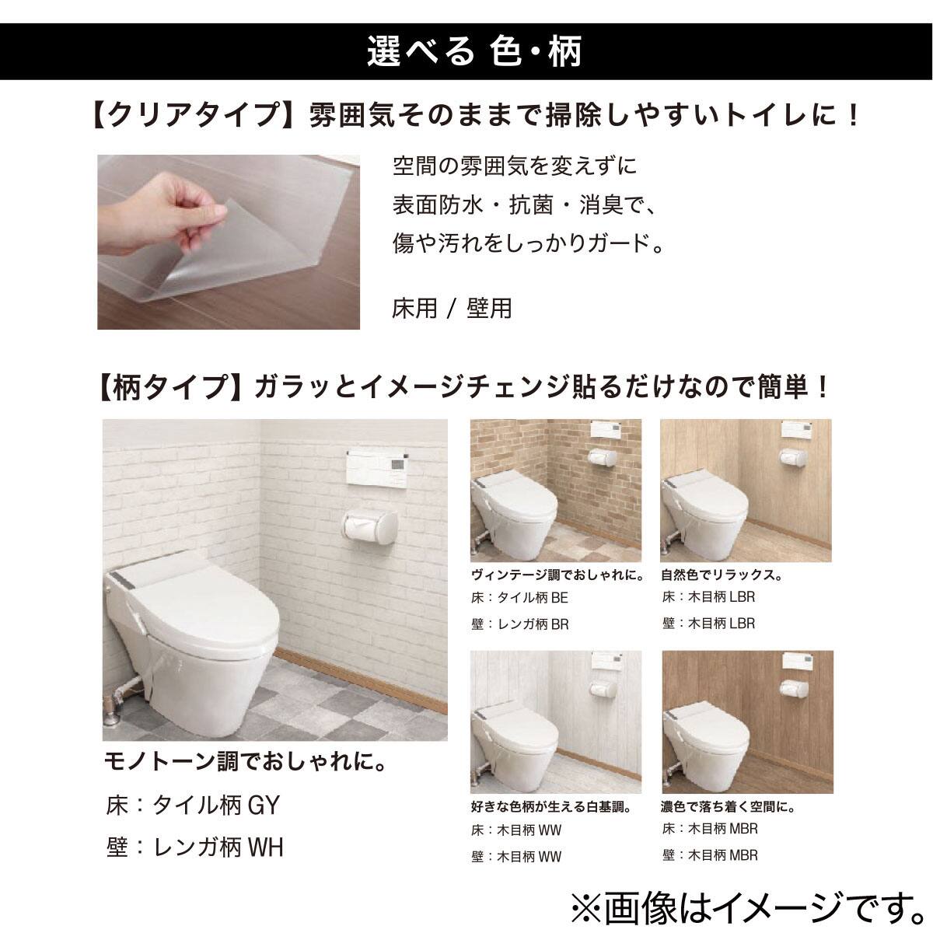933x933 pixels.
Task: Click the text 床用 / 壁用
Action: (x=452, y=309)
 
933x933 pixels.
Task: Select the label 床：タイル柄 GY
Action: (x=192, y=805)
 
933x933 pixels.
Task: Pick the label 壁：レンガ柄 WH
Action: (x=194, y=847)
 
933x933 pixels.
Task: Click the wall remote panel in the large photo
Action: (x=376, y=468)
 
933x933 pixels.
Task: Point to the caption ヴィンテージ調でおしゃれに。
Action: (x=557, y=575)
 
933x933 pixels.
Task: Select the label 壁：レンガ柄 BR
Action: (x=519, y=624)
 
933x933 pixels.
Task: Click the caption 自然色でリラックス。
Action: (x=721, y=575)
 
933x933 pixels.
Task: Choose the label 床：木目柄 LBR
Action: (x=708, y=597)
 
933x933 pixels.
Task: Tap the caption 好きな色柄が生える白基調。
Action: (x=550, y=807)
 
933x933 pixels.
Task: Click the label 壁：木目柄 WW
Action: (x=516, y=857)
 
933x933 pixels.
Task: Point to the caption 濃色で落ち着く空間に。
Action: (x=728, y=807)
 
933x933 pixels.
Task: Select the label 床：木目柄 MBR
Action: (x=710, y=829)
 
